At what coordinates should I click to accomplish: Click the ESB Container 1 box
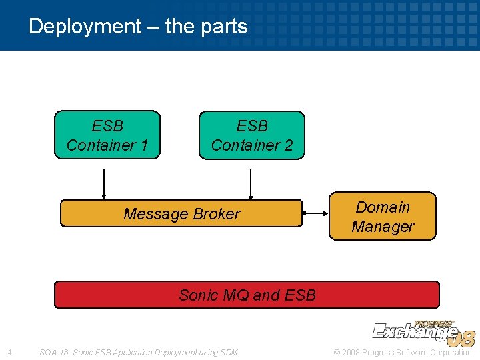click(x=107, y=135)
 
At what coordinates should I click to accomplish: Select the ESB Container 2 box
click(x=251, y=135)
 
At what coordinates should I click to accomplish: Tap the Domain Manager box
click(x=383, y=216)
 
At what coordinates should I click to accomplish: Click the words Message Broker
click(x=181, y=214)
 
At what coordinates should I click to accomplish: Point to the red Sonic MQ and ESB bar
click(x=247, y=295)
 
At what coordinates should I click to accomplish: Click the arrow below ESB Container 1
click(x=104, y=184)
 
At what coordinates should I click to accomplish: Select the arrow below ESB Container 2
click(x=251, y=184)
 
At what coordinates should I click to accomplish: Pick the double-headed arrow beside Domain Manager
click(x=316, y=213)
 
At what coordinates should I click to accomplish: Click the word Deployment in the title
click(x=85, y=27)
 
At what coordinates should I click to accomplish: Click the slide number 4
click(x=9, y=352)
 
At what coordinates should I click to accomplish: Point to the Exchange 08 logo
click(x=423, y=331)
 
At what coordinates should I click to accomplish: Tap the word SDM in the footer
click(x=227, y=352)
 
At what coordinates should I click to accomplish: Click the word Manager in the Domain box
click(x=383, y=227)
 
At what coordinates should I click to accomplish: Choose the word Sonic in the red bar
click(x=199, y=295)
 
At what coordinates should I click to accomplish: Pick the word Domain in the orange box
click(x=383, y=207)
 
